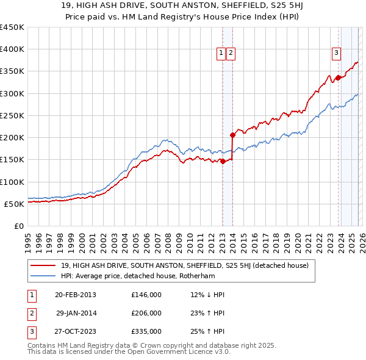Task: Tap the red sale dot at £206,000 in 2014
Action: [232, 135]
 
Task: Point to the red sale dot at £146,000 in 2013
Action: [223, 162]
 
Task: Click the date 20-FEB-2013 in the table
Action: [75, 295]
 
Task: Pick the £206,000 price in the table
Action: [146, 313]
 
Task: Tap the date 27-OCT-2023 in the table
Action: [75, 331]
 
